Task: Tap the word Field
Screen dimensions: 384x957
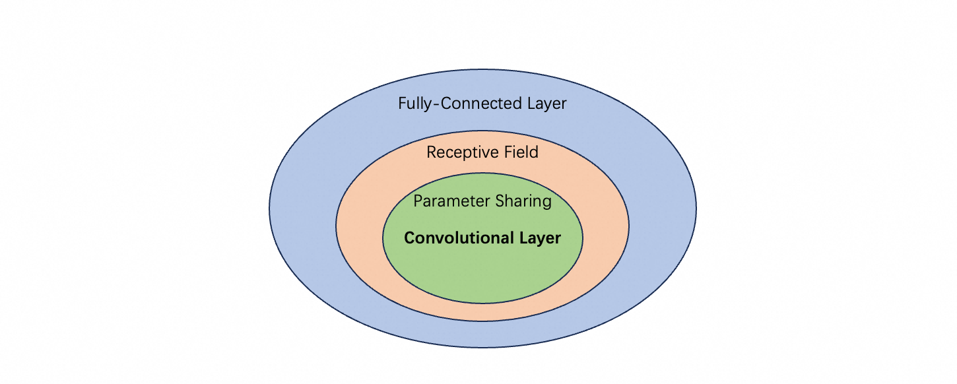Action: point(520,152)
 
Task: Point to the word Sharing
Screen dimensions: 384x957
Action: point(522,201)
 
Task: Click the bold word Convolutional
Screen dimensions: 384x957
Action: point(453,238)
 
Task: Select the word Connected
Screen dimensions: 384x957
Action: point(473,104)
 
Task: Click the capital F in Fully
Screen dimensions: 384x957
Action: point(402,104)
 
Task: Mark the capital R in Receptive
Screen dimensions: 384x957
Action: point(432,152)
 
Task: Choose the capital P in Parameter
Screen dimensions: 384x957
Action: point(418,201)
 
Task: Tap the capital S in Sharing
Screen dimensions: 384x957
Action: point(498,201)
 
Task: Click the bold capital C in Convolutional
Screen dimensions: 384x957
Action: point(409,238)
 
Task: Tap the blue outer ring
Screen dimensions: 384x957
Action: point(304,211)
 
